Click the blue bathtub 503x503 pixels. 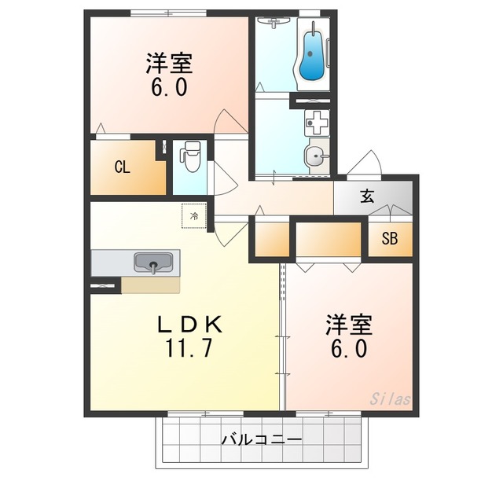click(x=311, y=57)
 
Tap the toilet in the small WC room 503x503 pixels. click(x=190, y=156)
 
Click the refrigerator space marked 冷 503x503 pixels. click(x=194, y=216)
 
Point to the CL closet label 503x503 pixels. click(x=123, y=167)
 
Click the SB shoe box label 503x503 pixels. click(x=390, y=239)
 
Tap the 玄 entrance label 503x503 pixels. click(x=367, y=196)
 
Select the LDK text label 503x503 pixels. click(x=189, y=324)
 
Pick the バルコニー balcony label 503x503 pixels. click(x=262, y=439)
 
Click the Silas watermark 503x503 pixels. click(x=390, y=399)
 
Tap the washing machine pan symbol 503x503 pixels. click(x=317, y=123)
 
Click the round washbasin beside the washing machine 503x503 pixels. click(x=316, y=156)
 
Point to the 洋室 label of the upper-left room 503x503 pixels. click(x=170, y=63)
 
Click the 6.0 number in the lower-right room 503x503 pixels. click(x=349, y=348)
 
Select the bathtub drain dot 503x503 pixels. click(x=310, y=53)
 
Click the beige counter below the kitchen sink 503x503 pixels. click(x=150, y=285)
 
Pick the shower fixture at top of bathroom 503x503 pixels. click(x=274, y=23)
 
